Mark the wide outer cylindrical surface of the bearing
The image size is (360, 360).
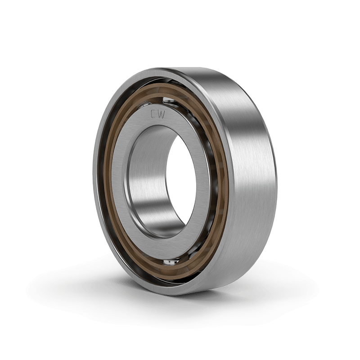pos(252,175)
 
